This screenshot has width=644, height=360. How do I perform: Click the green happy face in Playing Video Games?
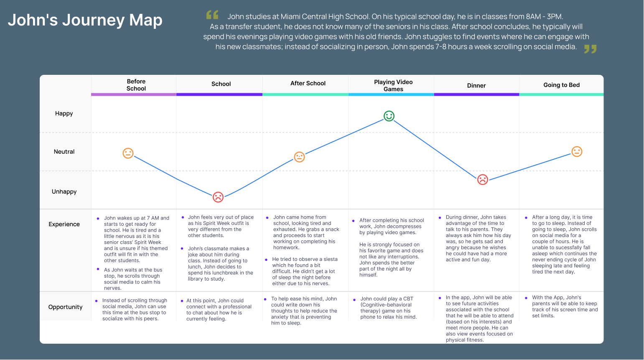[389, 116]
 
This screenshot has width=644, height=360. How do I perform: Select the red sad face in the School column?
[218, 197]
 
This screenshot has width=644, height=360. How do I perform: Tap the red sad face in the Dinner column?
[482, 180]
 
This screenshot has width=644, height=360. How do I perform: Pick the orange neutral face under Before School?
[128, 153]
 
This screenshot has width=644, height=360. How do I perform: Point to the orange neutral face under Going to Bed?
[577, 151]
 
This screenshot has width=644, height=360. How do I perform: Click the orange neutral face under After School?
[299, 157]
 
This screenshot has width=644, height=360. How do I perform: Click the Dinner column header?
[476, 85]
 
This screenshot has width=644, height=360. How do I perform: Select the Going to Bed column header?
[562, 85]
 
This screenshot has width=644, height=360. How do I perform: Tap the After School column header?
[308, 83]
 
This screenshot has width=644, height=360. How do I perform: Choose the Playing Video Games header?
[393, 85]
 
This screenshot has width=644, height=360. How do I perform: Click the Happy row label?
[64, 114]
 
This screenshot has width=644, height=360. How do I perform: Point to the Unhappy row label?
[64, 191]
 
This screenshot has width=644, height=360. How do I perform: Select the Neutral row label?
[64, 151]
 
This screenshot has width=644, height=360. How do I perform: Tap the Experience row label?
[64, 224]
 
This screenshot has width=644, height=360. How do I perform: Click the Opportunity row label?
[65, 307]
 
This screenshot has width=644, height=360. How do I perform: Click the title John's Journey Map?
[85, 20]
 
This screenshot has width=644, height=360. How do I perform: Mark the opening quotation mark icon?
[212, 15]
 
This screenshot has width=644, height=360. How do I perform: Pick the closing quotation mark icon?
[590, 49]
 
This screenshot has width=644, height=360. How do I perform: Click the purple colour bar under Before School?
[134, 94]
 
